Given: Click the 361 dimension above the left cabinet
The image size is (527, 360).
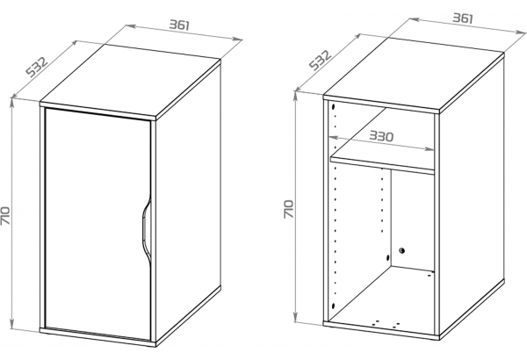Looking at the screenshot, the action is pyautogui.click(x=179, y=25).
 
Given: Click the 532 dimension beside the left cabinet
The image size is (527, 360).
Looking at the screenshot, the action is pyautogui.click(x=37, y=68).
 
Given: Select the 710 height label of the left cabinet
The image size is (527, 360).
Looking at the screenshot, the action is pyautogui.click(x=6, y=216).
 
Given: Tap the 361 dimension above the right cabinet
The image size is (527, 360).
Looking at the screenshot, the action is pyautogui.click(x=463, y=18).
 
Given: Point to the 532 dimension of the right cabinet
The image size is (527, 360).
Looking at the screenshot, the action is pyautogui.click(x=321, y=60).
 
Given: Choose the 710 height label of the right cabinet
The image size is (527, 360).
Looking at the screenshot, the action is pyautogui.click(x=288, y=209).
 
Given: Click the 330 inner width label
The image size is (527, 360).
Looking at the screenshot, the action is pyautogui.click(x=381, y=136).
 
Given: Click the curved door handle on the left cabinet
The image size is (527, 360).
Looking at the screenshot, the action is pyautogui.click(x=145, y=231).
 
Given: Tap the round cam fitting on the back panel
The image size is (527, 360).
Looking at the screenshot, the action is pyautogui.click(x=401, y=250).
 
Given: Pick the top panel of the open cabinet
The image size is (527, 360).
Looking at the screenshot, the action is pyautogui.click(x=414, y=73).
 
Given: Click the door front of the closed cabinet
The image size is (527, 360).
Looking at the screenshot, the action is pyautogui.click(x=97, y=225).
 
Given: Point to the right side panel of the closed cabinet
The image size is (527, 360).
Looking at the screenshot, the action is pyautogui.click(x=188, y=202).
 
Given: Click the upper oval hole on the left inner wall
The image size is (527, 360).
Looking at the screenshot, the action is pyautogui.click(x=333, y=107).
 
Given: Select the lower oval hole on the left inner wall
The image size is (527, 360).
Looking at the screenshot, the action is pyautogui.click(x=333, y=306).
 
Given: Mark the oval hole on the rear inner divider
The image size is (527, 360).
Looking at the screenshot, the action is pyautogui.click(x=388, y=258).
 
